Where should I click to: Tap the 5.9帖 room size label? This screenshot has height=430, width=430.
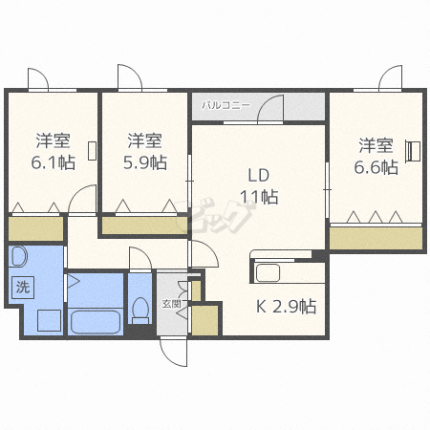point(146,161)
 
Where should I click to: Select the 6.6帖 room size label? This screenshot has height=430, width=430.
point(376,167)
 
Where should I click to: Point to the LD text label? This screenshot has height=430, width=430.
point(259,175)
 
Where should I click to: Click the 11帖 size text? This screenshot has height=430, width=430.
point(259,197)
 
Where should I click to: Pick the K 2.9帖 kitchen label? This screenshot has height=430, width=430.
point(285,307)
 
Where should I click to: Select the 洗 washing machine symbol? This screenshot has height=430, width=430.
point(21,285)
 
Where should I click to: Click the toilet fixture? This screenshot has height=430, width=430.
point(140,309)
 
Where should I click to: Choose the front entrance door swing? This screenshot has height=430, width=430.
point(174,352)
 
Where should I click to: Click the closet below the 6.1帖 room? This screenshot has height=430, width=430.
point(36,229)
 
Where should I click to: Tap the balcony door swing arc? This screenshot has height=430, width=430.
point(275,108)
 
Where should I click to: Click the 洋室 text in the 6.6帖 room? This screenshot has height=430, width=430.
point(376,146)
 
